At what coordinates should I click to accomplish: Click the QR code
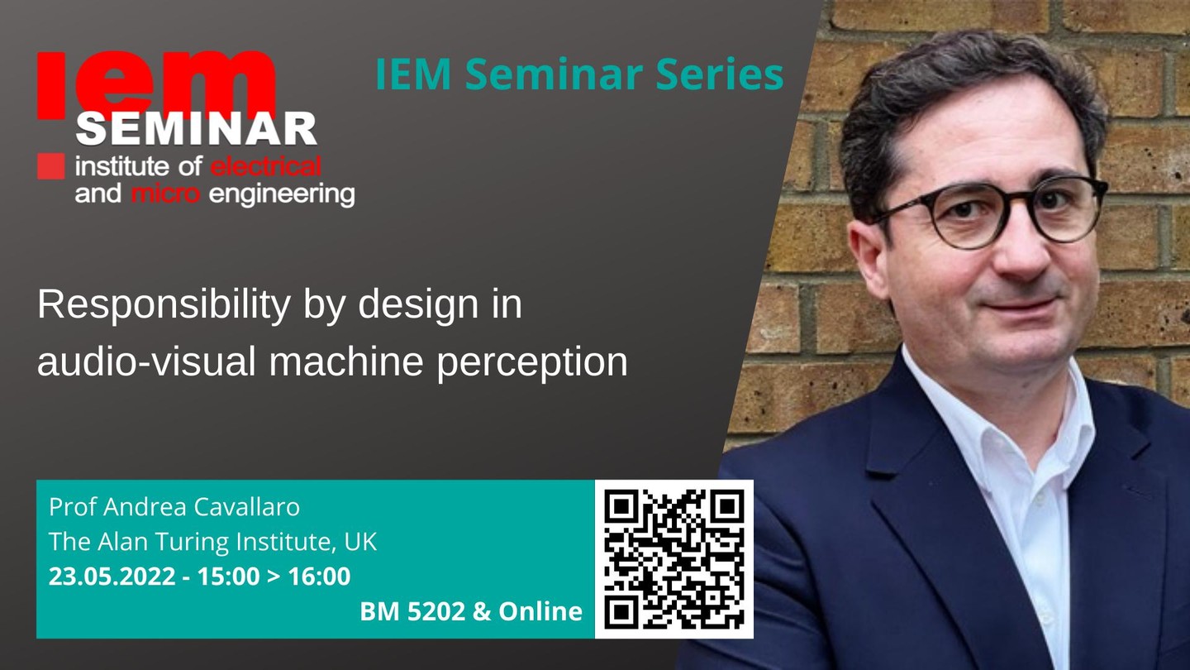coord(674,559)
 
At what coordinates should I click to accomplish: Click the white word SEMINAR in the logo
coord(197,129)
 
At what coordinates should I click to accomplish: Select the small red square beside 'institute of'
coord(51,166)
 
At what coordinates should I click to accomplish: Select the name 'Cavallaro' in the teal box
coord(246,507)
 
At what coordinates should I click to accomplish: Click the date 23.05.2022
coord(112,577)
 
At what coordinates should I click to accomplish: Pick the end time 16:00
coord(319,577)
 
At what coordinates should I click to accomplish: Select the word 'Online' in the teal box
coord(540,611)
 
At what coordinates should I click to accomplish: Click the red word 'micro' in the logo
coord(165,194)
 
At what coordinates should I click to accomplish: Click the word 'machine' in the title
coord(345,361)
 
